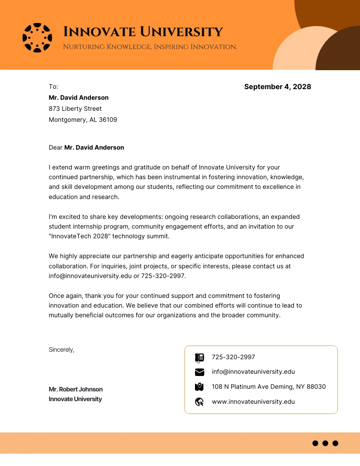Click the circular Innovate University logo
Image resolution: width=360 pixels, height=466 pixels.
(37, 38)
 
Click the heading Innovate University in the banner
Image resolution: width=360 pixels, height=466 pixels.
(143, 32)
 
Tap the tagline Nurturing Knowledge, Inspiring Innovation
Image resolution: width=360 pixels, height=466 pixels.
(150, 47)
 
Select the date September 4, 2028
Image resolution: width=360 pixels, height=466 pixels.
(277, 86)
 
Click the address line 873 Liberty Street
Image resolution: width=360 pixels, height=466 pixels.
(75, 109)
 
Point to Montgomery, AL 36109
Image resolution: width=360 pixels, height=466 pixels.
(82, 120)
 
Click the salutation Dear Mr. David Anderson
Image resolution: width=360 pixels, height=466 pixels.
(86, 147)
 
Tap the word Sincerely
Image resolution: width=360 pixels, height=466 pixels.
(61, 349)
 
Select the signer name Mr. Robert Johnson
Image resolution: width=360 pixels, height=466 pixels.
(75, 389)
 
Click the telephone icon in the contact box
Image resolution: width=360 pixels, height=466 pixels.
(199, 357)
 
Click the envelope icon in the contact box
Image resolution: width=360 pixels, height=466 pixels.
(199, 372)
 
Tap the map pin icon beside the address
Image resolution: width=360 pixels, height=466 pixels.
(199, 387)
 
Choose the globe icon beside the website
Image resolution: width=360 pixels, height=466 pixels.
(199, 402)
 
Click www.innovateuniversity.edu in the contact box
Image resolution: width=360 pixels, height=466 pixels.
(253, 402)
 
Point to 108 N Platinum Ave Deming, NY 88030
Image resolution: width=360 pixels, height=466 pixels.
(269, 387)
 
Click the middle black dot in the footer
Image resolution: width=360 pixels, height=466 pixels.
(325, 443)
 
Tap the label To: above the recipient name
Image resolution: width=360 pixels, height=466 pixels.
(53, 86)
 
